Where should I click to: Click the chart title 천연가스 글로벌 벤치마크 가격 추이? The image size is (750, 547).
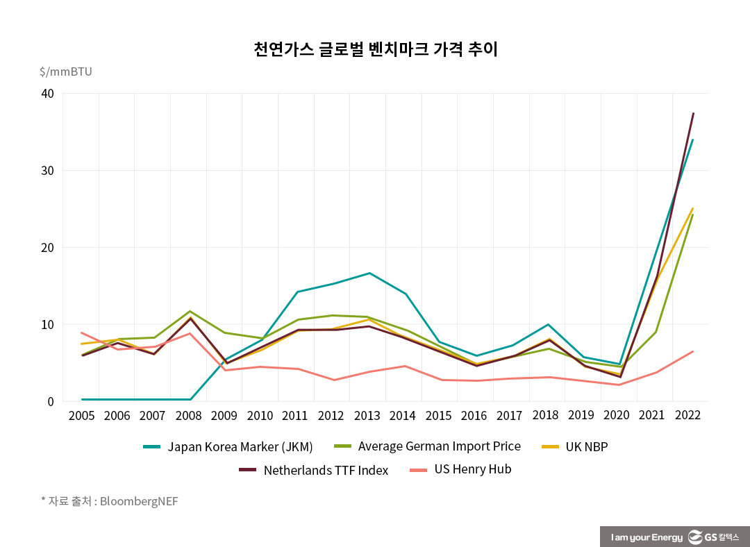(x=375, y=49)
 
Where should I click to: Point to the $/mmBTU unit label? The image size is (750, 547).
(x=65, y=71)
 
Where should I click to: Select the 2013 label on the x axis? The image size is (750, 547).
(x=367, y=416)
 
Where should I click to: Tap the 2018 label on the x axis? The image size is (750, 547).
(x=547, y=415)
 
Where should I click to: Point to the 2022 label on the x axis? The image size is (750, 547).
(x=687, y=415)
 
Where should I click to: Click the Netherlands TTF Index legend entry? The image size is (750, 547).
(x=326, y=470)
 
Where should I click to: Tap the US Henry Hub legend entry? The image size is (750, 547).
(x=472, y=469)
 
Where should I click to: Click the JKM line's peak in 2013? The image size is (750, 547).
(x=369, y=273)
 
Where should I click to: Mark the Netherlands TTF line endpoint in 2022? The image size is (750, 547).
(x=693, y=113)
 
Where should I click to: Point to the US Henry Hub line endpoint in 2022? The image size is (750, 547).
(x=693, y=351)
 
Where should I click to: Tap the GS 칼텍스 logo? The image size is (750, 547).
(x=713, y=537)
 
